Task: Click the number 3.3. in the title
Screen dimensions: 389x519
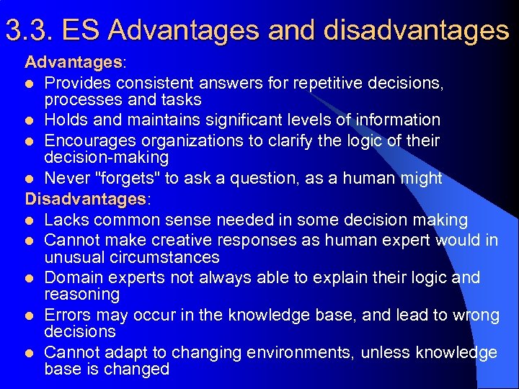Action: click(x=30, y=30)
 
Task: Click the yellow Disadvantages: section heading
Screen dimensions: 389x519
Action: click(x=86, y=198)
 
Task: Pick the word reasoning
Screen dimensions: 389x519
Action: click(x=82, y=295)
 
